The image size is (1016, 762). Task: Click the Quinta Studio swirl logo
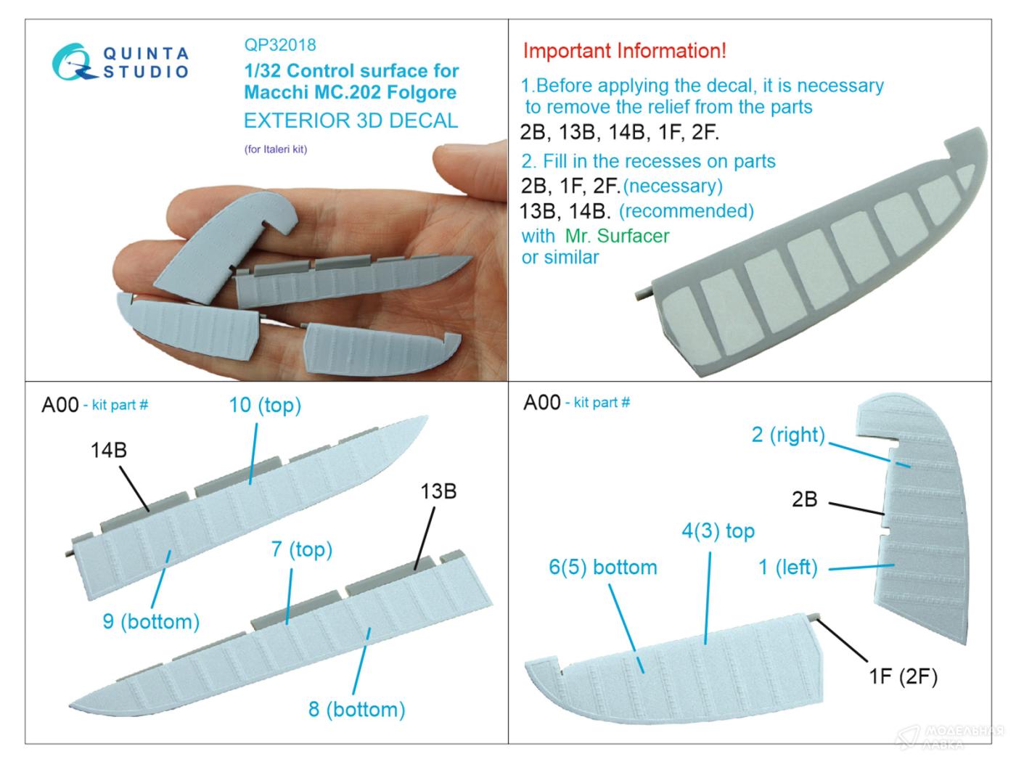[x=74, y=62]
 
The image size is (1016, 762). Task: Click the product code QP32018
[x=280, y=45]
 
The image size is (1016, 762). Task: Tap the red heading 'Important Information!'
[x=624, y=50]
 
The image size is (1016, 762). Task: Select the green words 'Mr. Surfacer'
[x=617, y=236]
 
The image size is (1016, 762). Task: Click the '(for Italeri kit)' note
[x=276, y=149]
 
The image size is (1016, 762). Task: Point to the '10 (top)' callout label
[x=265, y=405]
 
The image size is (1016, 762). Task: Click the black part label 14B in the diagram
[x=108, y=450]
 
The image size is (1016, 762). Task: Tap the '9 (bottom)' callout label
[x=151, y=621]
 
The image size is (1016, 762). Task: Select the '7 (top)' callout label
[x=302, y=549]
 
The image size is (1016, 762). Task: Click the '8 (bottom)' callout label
[x=357, y=709]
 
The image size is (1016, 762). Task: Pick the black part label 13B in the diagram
[x=438, y=491]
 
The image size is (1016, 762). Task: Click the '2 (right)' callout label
[x=788, y=435]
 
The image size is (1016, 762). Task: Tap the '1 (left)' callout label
[x=788, y=568]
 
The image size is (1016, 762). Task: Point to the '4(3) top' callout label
[x=718, y=530]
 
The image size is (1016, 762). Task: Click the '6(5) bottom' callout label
[x=602, y=568]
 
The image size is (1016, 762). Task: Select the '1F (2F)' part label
[x=903, y=676]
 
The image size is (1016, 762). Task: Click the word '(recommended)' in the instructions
[x=687, y=211]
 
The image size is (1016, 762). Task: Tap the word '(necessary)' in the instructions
[x=673, y=186]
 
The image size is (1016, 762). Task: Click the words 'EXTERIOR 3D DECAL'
[x=351, y=120]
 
